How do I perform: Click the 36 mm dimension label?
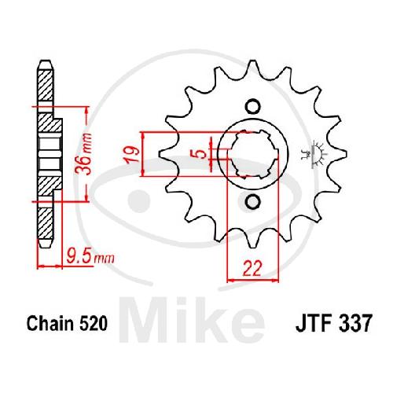(83, 153)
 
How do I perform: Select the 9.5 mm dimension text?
(90, 256)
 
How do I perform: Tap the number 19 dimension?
(133, 155)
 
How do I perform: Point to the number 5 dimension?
(201, 154)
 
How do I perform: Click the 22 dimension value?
(252, 269)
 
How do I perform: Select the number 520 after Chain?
(93, 323)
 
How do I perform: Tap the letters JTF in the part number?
(314, 323)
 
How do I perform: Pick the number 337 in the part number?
(354, 323)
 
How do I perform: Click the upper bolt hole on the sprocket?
(253, 107)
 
